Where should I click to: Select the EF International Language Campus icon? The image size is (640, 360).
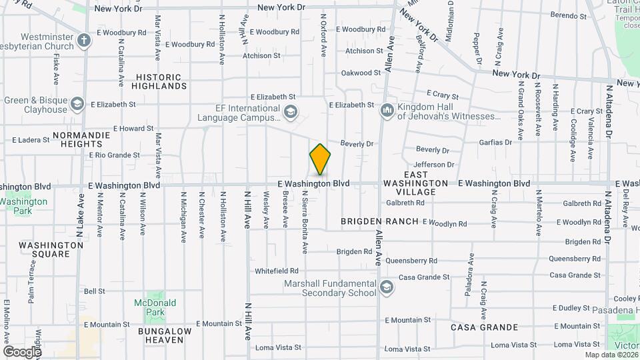pos(290,112)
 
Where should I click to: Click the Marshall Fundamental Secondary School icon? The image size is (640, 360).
pos(385,287)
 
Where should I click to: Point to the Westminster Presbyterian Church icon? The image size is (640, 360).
pos(84,41)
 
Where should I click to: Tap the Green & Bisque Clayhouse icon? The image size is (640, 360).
pos(77,104)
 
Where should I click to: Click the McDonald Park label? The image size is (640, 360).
pos(155,307)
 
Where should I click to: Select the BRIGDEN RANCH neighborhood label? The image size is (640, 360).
pos(379,221)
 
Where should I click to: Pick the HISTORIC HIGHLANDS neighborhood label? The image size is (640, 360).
pos(159,81)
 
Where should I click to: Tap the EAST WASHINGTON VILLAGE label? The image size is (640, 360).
pos(416,187)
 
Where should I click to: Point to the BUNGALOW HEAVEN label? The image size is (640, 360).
pos(165,335)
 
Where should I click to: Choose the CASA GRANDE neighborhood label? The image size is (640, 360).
pos(484,327)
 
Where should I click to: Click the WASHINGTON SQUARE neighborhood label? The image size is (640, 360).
pos(51,249)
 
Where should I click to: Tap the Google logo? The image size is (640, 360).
pos(21,351)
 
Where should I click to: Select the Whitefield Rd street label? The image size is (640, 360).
pos(277,271)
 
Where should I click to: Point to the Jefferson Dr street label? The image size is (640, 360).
pos(433,165)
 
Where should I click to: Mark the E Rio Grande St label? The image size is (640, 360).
pos(114,155)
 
